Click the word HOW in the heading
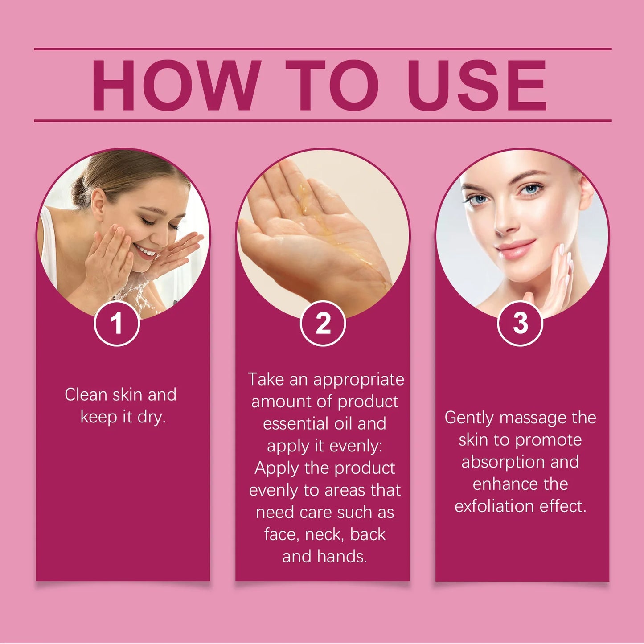(x=176, y=86)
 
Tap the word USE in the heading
(x=476, y=86)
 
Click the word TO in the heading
(x=332, y=86)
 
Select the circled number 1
(x=117, y=323)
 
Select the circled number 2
(x=323, y=323)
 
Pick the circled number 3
(x=520, y=323)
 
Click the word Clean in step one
(x=86, y=394)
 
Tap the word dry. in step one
(x=152, y=417)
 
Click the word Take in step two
(x=266, y=379)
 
